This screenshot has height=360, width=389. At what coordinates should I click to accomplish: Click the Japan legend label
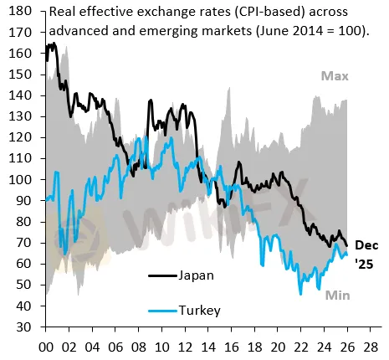(x=197, y=275)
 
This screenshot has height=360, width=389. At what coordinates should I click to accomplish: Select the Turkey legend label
(x=200, y=311)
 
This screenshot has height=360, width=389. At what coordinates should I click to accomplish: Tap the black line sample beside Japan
(x=161, y=275)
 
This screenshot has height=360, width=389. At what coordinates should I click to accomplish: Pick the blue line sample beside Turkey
(x=161, y=311)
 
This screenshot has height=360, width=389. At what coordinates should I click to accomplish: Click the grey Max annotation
(x=334, y=76)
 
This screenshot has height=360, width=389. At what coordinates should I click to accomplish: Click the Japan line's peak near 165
(x=52, y=44)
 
